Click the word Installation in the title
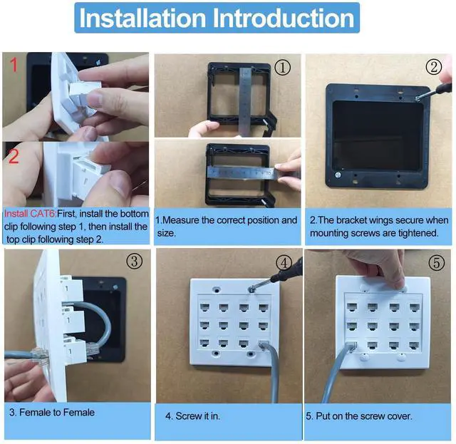click(x=142, y=18)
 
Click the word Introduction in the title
click(x=284, y=18)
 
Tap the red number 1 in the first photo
click(x=14, y=65)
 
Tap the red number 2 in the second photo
click(x=14, y=156)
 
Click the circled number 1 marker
click(x=282, y=67)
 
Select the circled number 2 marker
click(x=434, y=66)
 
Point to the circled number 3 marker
click(x=135, y=261)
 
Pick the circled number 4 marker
click(x=284, y=263)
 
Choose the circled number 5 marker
click(x=437, y=262)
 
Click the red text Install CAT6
click(x=30, y=214)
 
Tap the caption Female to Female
click(x=57, y=412)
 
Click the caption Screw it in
click(x=197, y=416)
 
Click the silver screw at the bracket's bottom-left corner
click(x=338, y=175)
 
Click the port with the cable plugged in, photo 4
click(x=264, y=344)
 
